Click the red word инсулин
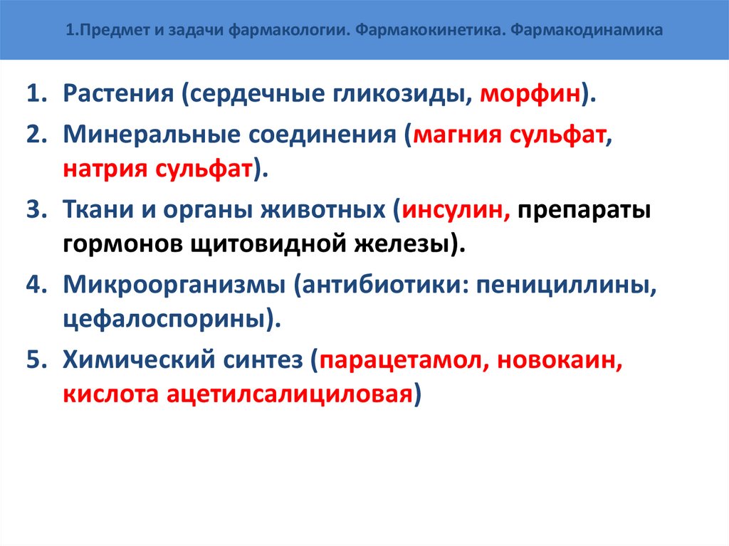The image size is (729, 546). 454,211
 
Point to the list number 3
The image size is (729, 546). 36,211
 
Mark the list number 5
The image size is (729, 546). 36,359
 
